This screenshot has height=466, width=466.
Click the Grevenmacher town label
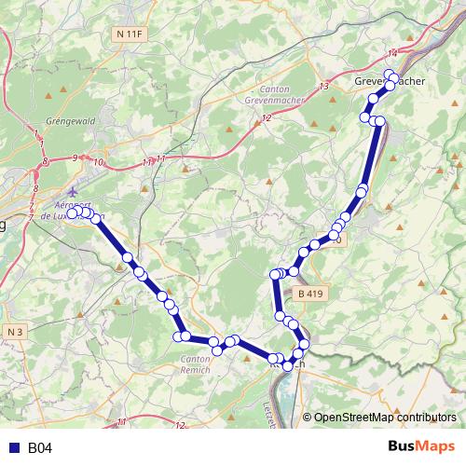click(x=390, y=82)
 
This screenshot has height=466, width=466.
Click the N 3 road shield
click(x=14, y=331)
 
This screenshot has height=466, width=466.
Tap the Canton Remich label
click(x=195, y=364)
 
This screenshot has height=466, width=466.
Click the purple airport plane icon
click(x=74, y=192)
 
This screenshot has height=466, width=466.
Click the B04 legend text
click(x=39, y=447)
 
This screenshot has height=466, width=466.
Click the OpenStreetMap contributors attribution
click(x=384, y=418)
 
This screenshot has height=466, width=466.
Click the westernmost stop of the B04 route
click(x=72, y=213)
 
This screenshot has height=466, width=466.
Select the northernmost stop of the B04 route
click(x=390, y=74)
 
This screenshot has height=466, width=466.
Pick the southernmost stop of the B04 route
click(x=288, y=365)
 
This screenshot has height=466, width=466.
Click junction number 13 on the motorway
click(x=324, y=86)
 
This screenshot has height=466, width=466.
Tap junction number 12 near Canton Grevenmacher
click(x=267, y=117)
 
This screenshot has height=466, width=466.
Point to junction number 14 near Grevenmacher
click(x=392, y=52)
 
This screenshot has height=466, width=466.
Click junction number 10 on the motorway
click(x=97, y=162)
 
